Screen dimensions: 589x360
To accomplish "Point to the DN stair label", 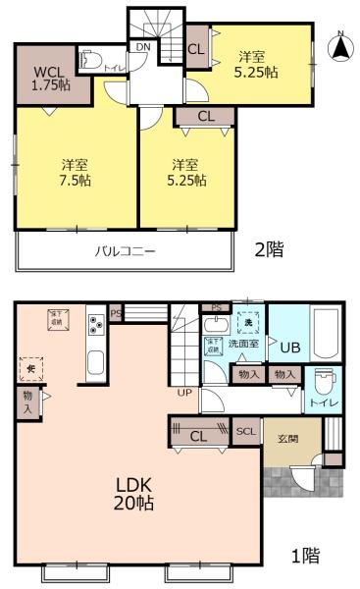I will pos(143,47).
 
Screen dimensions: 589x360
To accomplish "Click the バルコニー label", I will pos(125,251).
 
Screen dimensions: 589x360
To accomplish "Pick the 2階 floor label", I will pos(270,249).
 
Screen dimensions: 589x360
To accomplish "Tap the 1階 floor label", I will pos(304,556).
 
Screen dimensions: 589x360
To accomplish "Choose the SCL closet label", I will pos(245,430).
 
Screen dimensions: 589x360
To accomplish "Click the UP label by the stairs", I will pos(184,392).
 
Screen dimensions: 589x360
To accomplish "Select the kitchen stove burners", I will pos(97,324).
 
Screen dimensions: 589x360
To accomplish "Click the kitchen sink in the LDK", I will pos(96,360).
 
